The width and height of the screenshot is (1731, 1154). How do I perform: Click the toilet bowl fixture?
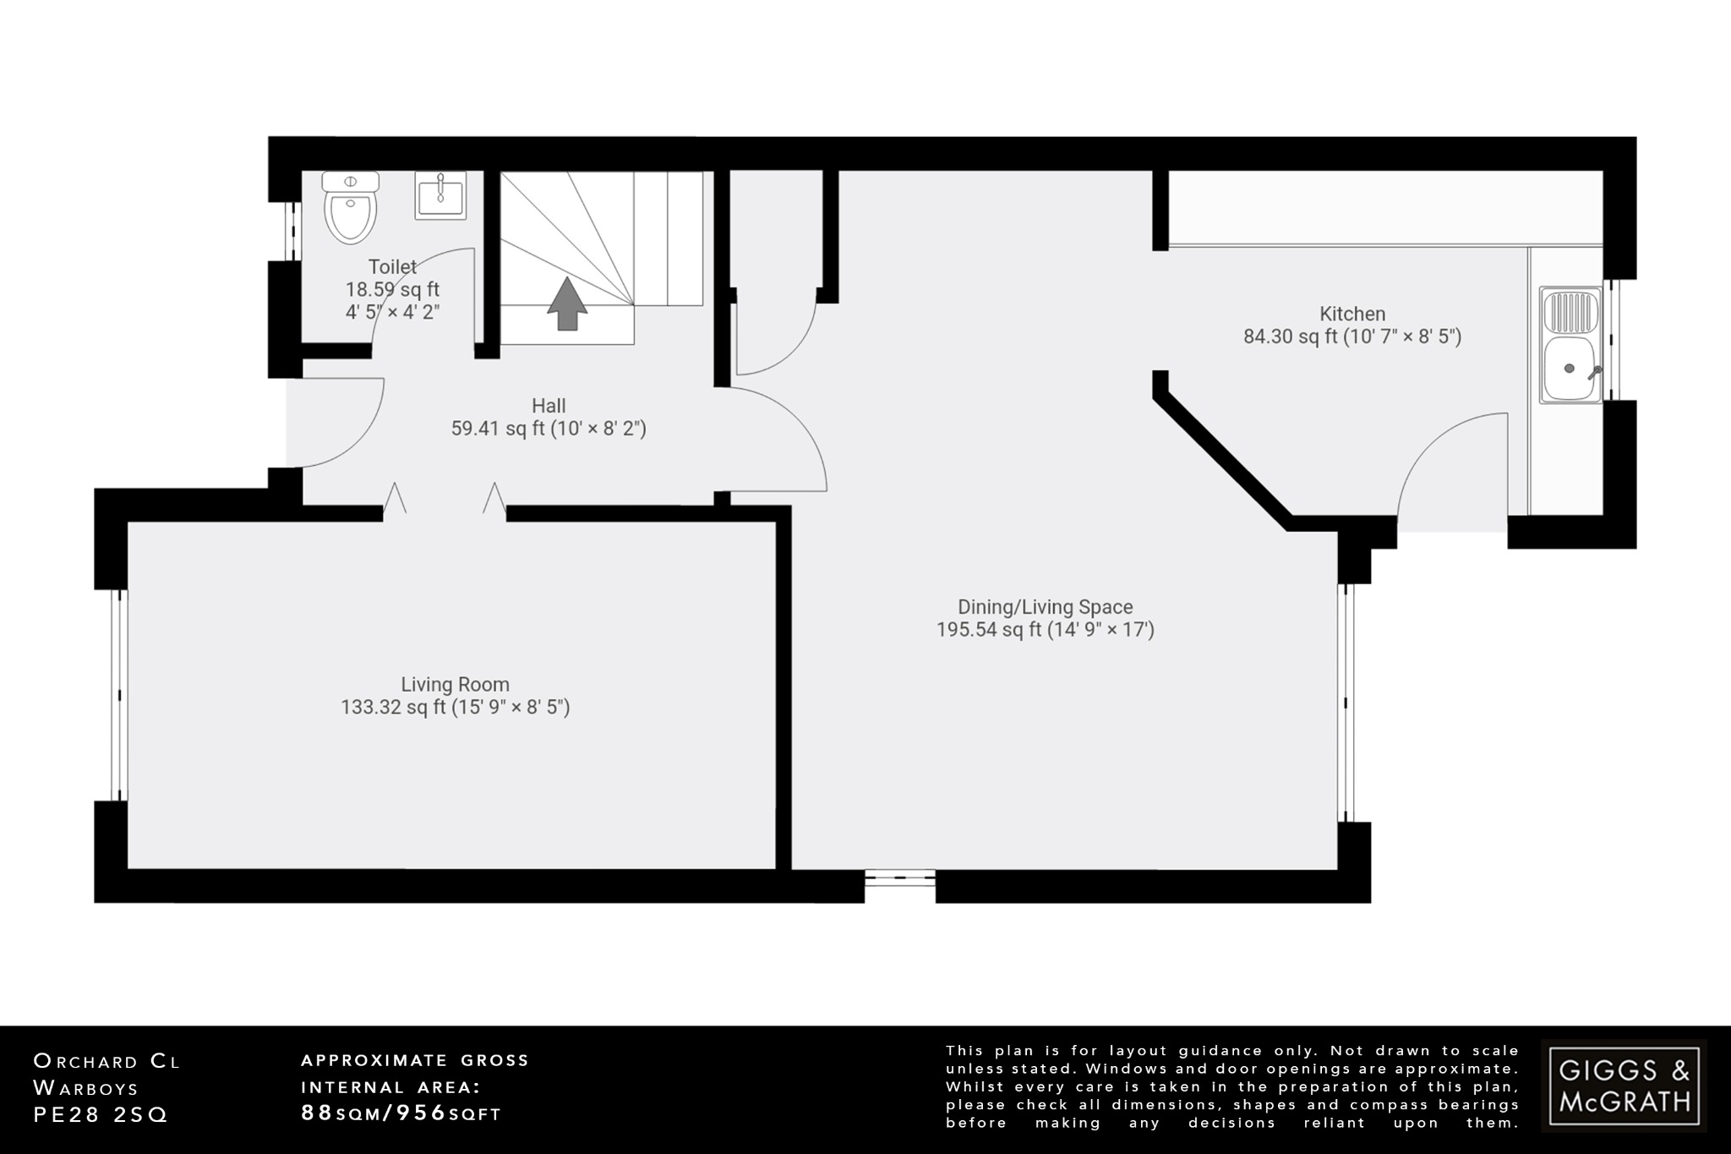351,211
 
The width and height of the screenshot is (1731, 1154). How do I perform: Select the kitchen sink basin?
1570,369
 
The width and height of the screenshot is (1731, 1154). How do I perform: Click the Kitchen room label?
1352,314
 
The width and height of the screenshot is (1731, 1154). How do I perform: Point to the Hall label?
549,406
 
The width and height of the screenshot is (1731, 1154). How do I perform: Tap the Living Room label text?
455,684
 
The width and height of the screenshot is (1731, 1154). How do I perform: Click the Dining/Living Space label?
1045,607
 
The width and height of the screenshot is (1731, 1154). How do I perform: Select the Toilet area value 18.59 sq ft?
392,289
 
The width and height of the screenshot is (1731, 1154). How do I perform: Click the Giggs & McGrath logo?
1624,1086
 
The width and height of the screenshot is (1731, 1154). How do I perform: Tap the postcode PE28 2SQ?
101,1115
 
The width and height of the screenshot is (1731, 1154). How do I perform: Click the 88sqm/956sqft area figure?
401,1113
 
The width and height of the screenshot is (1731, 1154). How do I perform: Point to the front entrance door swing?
338,423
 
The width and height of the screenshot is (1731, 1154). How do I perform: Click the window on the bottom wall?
900,880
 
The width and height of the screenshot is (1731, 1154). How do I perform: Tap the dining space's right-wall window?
1346,703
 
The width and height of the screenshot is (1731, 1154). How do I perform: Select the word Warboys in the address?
85,1088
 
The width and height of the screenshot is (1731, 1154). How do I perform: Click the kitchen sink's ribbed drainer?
1572,311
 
